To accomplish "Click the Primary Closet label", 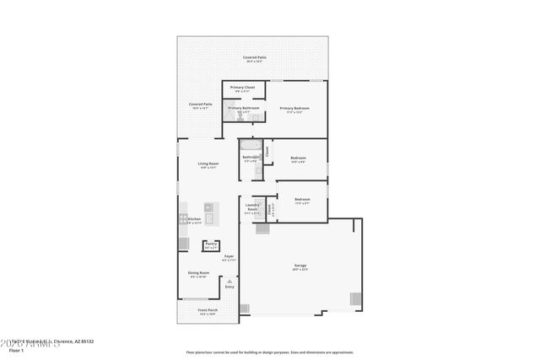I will tap(243, 87).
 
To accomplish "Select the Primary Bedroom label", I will tap(294, 108).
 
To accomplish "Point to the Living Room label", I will tap(208, 164).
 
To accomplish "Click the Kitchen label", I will tap(194, 219).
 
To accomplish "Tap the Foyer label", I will tap(229, 255).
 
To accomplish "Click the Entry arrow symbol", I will tap(229, 281).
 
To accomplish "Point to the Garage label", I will tap(300, 266).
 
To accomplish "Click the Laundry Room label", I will tap(251, 207).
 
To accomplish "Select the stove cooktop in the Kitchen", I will tap(183, 218).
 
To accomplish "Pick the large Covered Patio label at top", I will tap(255, 57).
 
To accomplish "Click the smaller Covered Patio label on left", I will tap(201, 105).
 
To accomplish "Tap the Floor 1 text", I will tap(16, 349).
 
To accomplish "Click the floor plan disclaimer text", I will tap(270, 352).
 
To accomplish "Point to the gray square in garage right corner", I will tap(356, 298).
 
